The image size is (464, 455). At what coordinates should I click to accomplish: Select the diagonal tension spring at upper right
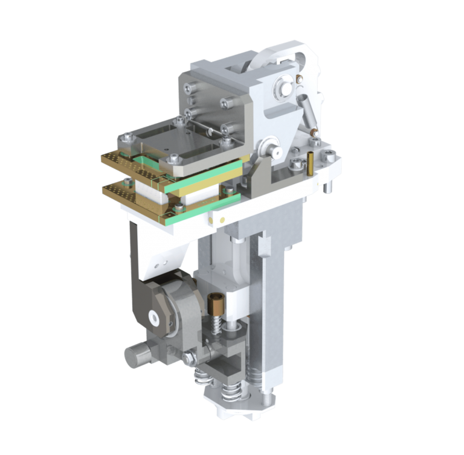tap(309, 115)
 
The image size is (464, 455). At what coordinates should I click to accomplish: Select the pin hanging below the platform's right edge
tap(327, 188)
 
